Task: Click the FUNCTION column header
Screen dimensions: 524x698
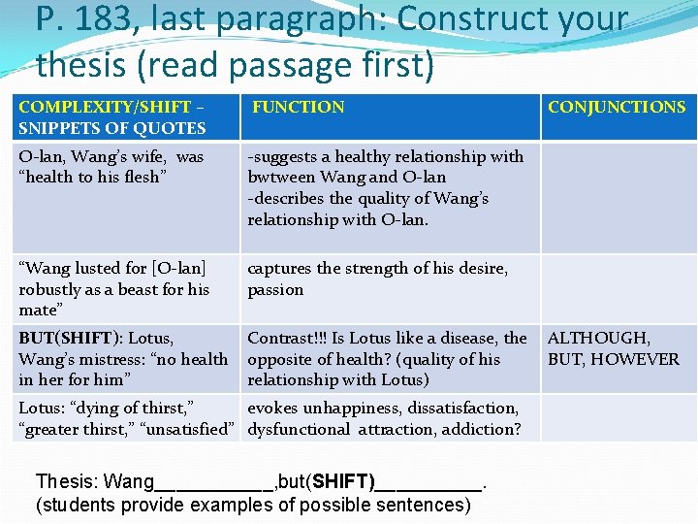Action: [x=299, y=108]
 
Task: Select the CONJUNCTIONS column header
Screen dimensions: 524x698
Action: [x=617, y=108]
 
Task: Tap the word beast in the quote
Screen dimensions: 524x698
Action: [x=138, y=289]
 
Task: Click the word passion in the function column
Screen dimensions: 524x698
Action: [x=275, y=289]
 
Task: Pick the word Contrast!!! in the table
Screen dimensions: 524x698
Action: [x=287, y=339]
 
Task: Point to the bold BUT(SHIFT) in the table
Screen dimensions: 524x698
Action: [x=70, y=339]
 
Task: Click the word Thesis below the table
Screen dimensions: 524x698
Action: [x=67, y=482]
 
